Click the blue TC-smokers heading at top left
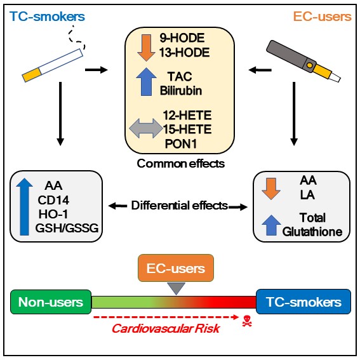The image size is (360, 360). coord(40,15)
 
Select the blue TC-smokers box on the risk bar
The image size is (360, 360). coord(302,302)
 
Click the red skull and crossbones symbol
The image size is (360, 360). coord(248,321)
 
